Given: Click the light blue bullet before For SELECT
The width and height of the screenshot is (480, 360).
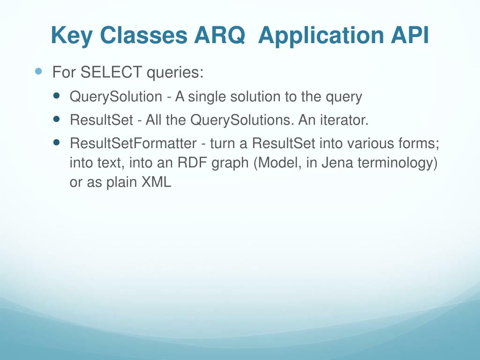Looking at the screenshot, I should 39,72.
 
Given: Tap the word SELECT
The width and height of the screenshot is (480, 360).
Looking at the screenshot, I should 111,73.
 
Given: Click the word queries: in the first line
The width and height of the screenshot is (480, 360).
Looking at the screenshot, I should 175,73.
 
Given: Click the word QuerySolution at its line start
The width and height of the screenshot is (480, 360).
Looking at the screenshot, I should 115,97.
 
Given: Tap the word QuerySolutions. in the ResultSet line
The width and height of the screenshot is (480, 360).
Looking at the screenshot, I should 242,120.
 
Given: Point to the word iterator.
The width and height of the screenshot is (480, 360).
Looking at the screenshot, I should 344,120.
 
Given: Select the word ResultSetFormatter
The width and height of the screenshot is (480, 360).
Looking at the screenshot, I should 133,143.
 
